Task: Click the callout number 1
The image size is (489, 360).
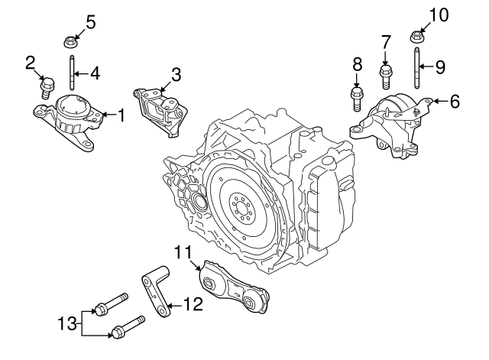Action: coord(120,115)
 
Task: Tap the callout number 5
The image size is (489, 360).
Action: coord(90,21)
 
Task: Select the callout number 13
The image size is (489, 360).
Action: coord(66,323)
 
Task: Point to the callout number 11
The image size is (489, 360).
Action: coord(180,251)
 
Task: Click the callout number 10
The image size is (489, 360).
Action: coord(440,14)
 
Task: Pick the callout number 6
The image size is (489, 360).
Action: coord(455,100)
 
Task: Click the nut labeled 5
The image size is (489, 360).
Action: coord(67,39)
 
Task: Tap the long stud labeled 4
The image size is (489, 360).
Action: coord(71,74)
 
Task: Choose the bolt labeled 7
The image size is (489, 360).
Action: coord(386,75)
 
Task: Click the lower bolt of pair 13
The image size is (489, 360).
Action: coord(129,327)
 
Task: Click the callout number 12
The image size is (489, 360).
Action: coord(193,304)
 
